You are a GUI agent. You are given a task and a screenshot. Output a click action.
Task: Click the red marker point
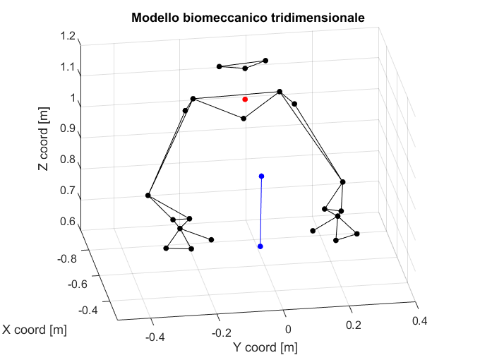(245, 100)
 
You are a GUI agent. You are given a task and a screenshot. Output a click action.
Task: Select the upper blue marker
(261, 176)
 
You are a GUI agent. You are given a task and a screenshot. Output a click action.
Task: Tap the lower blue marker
(260, 246)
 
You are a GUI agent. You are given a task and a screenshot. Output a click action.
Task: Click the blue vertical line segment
(261, 212)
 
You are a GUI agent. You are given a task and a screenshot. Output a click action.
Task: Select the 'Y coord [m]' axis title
(265, 347)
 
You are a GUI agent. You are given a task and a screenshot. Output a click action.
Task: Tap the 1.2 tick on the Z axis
(68, 36)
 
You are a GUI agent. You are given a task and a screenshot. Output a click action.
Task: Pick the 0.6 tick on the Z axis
(68, 222)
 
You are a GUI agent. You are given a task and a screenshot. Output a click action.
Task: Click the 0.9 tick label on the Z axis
(68, 129)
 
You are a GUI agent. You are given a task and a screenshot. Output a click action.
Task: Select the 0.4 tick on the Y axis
(419, 321)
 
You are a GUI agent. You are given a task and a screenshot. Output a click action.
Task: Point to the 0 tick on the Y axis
(288, 330)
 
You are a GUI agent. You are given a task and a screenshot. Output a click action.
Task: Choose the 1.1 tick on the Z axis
(68, 67)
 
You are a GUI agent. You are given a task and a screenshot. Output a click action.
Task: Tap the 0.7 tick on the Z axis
(68, 191)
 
